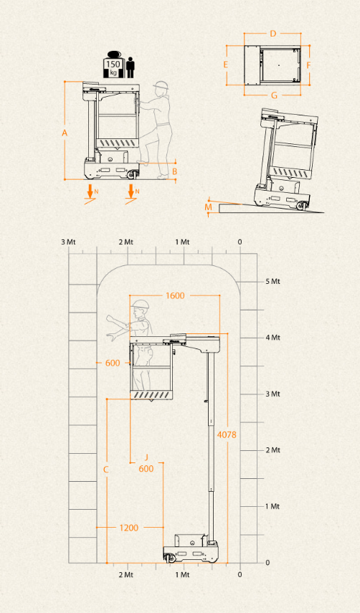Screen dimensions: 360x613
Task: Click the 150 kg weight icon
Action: [x=113, y=65]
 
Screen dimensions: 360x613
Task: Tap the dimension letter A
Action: [x=65, y=133]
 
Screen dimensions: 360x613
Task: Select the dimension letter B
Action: [x=175, y=171]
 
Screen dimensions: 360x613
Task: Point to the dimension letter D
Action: [x=273, y=34]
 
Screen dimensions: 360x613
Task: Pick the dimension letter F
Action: [x=308, y=65]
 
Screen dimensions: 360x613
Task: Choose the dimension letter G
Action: [x=274, y=95]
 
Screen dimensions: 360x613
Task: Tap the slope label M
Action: [x=209, y=206]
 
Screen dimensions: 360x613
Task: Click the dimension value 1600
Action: [x=175, y=295]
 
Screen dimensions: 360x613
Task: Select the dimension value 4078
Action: [x=227, y=434]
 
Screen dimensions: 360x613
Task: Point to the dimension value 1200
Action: [x=128, y=528]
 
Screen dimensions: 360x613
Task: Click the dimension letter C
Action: [x=106, y=470]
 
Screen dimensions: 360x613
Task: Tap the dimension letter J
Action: [x=146, y=457]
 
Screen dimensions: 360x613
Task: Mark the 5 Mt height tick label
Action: [x=273, y=282]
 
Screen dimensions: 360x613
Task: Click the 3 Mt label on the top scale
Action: [x=68, y=242]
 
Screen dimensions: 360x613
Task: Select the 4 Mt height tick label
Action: [x=273, y=338]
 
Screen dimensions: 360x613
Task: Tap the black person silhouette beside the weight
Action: [x=131, y=67]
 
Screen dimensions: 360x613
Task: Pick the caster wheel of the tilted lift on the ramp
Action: [x=300, y=205]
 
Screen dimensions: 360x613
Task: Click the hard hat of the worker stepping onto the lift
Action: [x=161, y=85]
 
